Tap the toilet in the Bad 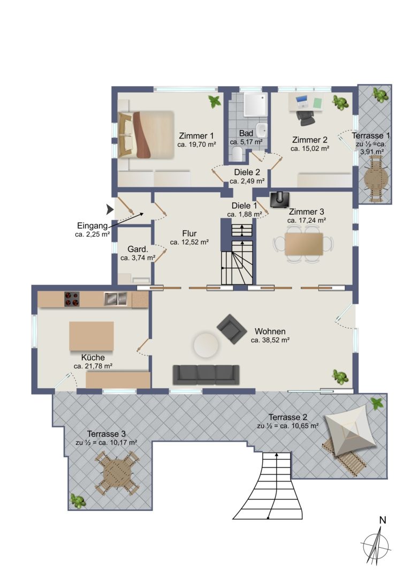[x=238, y=153]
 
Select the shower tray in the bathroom [x=256, y=104]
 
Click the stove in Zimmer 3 [x=279, y=200]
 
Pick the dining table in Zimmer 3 [x=304, y=244]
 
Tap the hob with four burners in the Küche [x=72, y=299]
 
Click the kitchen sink [x=116, y=299]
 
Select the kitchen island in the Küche [x=92, y=336]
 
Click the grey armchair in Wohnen [x=232, y=328]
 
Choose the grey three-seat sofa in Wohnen [x=206, y=374]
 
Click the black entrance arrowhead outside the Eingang [x=110, y=209]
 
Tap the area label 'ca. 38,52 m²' [x=270, y=339]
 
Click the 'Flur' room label [x=189, y=233]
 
